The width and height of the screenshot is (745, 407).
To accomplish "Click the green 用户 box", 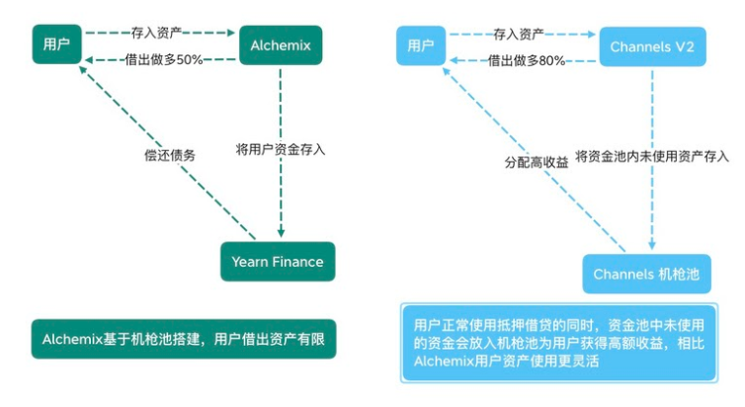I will (55, 45).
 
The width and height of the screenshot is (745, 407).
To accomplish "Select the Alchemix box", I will (282, 45).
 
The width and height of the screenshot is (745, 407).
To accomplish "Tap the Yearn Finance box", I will (278, 262).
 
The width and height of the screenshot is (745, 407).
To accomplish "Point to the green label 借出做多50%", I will (163, 59).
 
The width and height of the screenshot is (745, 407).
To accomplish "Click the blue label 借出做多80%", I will (526, 59).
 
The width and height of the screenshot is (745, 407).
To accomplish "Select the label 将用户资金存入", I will (280, 150).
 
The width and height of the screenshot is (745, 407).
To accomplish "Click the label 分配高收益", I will (536, 162).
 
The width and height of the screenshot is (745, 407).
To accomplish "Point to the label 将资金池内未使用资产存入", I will (652, 155).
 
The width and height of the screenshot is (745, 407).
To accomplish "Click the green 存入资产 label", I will (163, 33).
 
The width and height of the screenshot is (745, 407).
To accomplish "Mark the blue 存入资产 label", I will (526, 33).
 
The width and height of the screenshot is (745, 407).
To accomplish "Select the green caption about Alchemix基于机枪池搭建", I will (183, 339).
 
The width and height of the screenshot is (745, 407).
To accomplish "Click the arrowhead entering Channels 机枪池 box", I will (651, 246).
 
